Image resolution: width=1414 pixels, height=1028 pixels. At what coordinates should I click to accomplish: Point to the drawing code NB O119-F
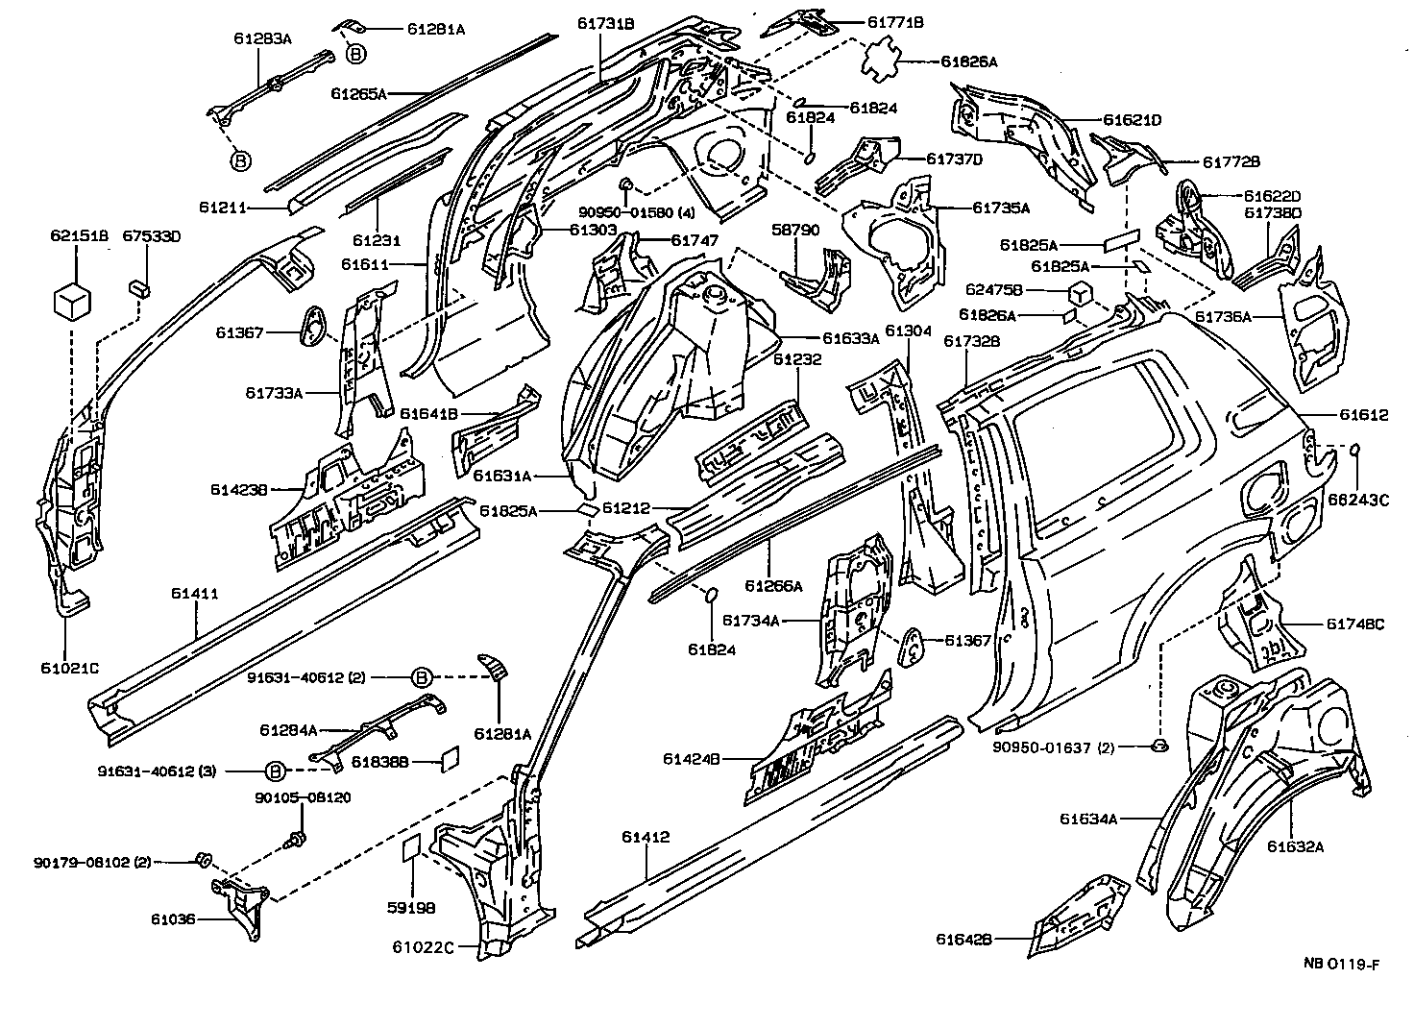click(x=1341, y=965)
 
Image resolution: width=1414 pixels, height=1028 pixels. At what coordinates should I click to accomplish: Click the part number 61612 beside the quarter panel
click(x=1364, y=415)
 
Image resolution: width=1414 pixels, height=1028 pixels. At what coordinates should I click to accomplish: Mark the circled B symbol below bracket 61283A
click(x=240, y=160)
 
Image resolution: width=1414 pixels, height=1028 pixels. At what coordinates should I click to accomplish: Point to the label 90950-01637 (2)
click(x=1054, y=747)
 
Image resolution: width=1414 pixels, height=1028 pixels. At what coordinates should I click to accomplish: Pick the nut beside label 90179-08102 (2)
click(x=204, y=858)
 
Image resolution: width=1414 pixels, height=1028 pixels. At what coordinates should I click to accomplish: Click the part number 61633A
click(x=851, y=337)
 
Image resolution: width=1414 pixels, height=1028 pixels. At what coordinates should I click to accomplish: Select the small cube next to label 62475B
click(x=1080, y=293)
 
